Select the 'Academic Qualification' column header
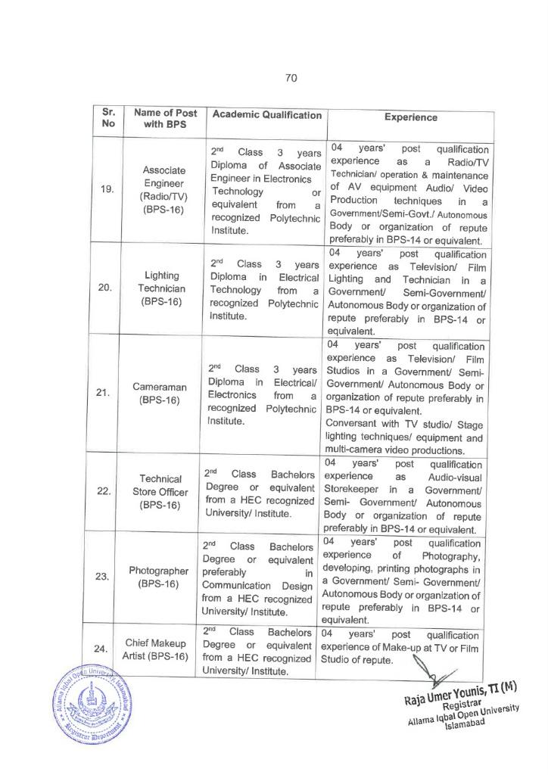point(266,115)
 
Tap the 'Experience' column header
point(410,117)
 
